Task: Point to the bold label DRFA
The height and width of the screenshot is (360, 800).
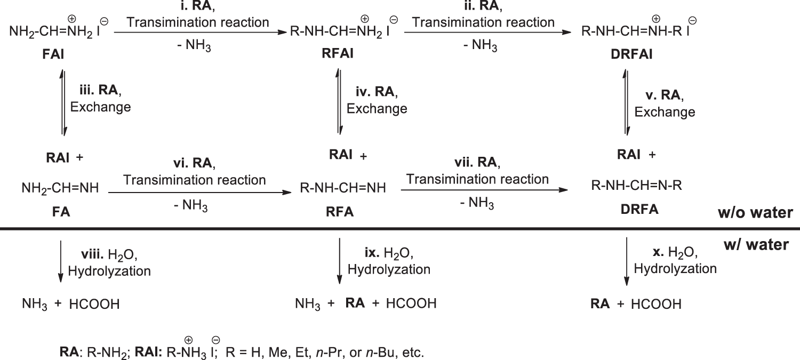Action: click(639, 210)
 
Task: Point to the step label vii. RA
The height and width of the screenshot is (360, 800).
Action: click(477, 162)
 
